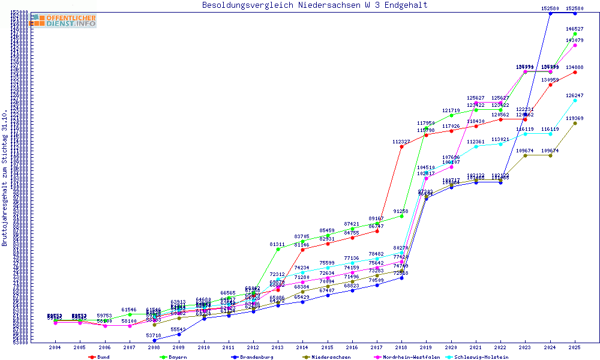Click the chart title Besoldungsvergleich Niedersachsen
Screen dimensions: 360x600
click(x=315, y=5)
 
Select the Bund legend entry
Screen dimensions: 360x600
click(x=103, y=357)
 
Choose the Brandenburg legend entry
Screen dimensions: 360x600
click(x=256, y=357)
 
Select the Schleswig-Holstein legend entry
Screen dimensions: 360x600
click(x=482, y=357)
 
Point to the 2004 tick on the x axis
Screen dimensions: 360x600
click(x=55, y=347)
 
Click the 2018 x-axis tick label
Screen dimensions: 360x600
click(x=401, y=347)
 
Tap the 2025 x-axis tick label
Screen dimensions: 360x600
click(x=575, y=347)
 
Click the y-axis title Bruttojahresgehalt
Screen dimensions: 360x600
click(x=5, y=178)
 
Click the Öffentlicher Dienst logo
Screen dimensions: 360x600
click(x=62, y=21)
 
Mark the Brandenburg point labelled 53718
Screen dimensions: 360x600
click(x=154, y=340)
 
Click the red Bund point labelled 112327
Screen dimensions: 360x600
click(x=401, y=146)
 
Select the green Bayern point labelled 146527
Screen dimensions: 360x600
click(x=575, y=34)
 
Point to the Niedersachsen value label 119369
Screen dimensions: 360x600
click(x=575, y=118)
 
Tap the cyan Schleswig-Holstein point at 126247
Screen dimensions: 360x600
click(x=575, y=100)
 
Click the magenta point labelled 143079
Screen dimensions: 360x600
click(x=575, y=45)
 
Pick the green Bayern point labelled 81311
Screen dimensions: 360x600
click(x=278, y=249)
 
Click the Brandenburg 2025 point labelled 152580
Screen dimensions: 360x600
click(x=575, y=13)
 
